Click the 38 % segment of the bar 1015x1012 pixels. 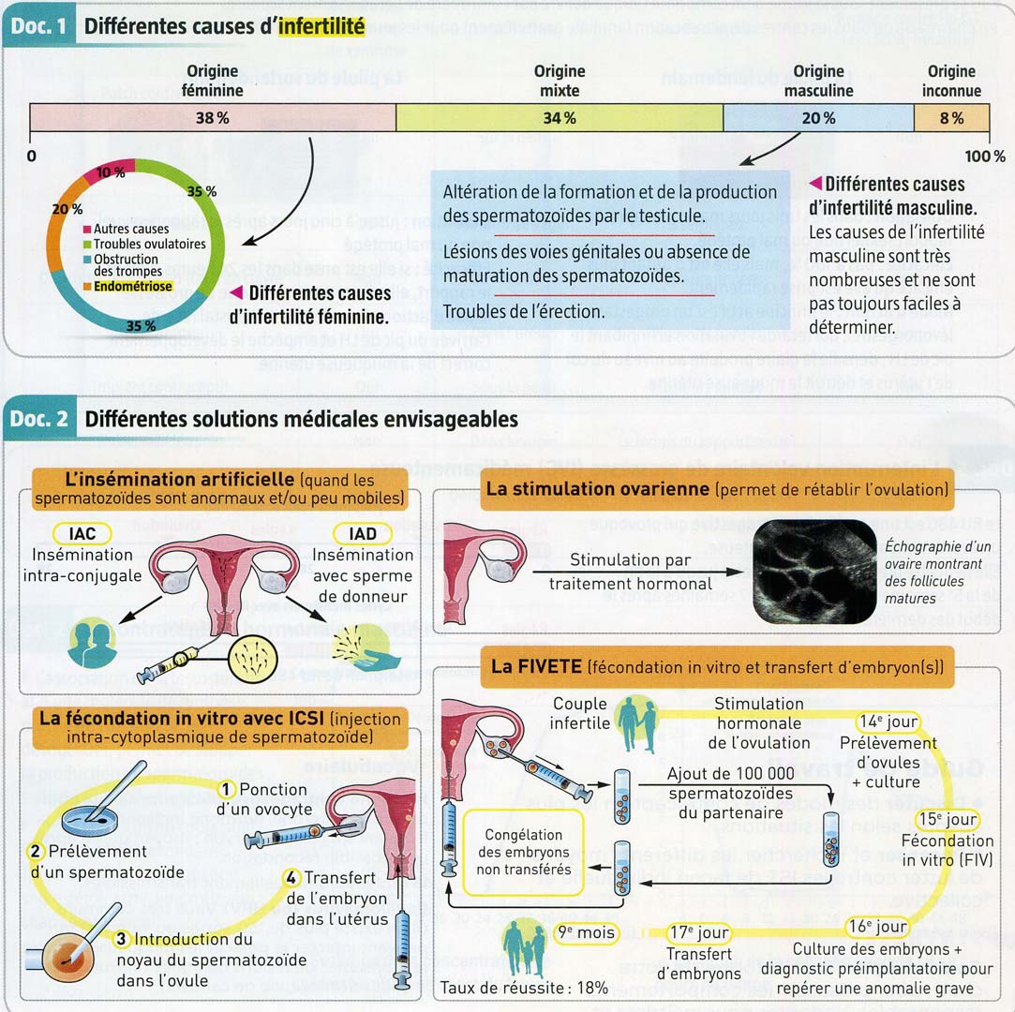(x=213, y=118)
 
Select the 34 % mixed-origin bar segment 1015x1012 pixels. (x=560, y=118)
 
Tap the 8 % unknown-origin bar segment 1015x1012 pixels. (x=951, y=118)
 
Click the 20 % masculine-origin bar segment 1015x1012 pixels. (x=818, y=118)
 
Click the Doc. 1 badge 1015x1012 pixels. (x=39, y=27)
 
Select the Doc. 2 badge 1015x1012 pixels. (x=39, y=419)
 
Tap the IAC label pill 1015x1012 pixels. (x=82, y=533)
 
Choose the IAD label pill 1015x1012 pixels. (x=363, y=533)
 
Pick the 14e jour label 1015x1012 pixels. (x=888, y=722)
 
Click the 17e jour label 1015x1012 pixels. (x=699, y=933)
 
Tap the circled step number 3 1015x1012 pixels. (x=121, y=938)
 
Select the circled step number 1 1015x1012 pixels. (x=227, y=789)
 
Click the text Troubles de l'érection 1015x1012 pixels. (x=521, y=310)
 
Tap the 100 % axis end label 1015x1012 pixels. (x=984, y=156)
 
